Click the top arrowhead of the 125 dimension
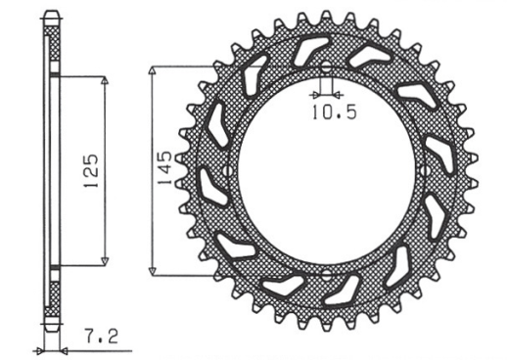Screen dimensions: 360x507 (104, 79)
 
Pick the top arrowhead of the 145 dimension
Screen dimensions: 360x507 (151, 70)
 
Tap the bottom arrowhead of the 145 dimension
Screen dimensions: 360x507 (151, 273)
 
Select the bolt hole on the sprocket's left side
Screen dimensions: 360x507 (228, 172)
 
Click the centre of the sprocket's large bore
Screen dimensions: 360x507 (326, 172)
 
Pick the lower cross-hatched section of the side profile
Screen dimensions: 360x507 (52, 293)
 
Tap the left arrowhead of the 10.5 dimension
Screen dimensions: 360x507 (311, 95)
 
